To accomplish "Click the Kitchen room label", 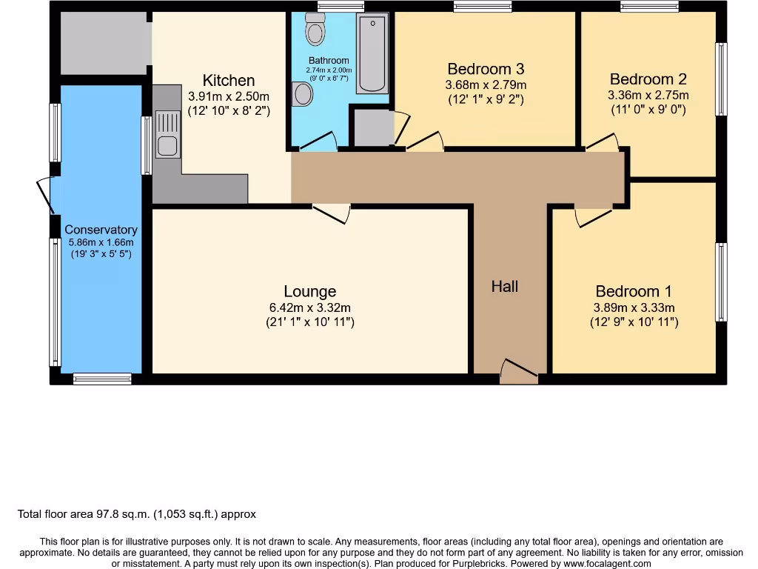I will (x=229, y=81).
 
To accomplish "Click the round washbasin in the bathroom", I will (x=303, y=94).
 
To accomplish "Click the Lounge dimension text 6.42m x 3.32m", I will (x=310, y=307).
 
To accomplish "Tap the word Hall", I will (x=505, y=286).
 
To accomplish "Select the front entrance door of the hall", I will (x=519, y=372).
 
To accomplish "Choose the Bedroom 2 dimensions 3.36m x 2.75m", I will (x=648, y=95).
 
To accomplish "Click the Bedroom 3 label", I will (x=485, y=69).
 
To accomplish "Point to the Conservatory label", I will (x=101, y=230).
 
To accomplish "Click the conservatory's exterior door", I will (x=45, y=195).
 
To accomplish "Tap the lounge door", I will (x=331, y=213).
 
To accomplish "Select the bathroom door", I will (x=318, y=142).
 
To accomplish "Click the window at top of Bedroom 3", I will (x=483, y=7).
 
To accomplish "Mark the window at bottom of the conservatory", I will (x=102, y=379).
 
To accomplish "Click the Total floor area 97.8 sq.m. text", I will (x=137, y=513).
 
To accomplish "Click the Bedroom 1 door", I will (x=594, y=216).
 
